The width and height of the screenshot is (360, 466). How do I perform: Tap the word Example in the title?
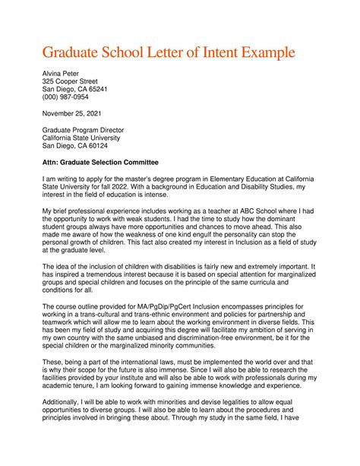click(x=278, y=54)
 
